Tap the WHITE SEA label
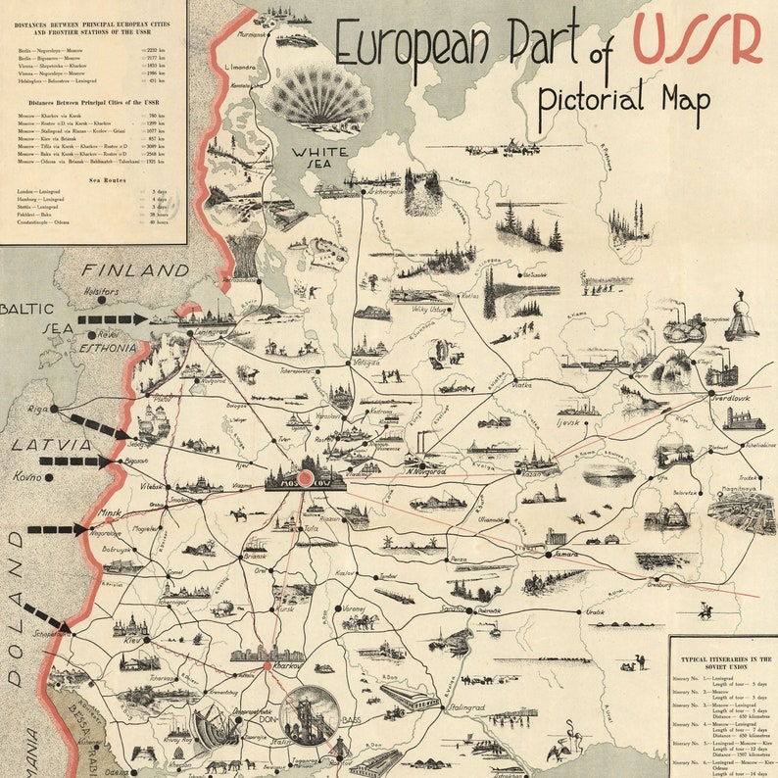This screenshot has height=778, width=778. pos(318,159)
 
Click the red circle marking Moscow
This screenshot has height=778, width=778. pos(304,478)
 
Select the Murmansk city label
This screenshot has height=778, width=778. pos(253,34)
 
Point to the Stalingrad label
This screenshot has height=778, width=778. pos(467,706)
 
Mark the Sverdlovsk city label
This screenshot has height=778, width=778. pos(743,402)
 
